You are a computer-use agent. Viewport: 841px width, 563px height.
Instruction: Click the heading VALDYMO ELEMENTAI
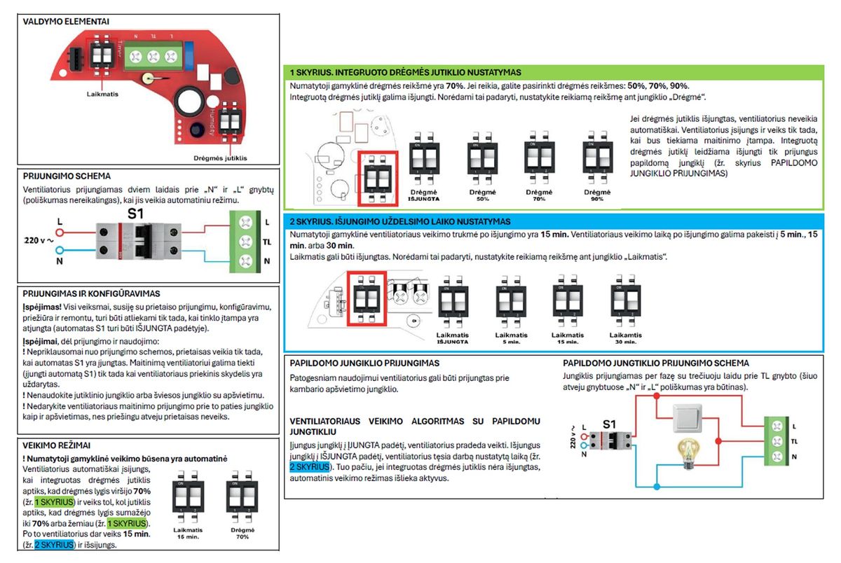[66, 22]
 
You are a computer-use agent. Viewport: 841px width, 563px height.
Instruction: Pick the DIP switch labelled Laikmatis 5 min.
[510, 303]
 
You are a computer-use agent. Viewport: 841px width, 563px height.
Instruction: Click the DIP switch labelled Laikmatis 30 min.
[625, 303]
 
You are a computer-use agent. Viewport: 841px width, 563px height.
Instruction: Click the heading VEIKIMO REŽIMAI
[57, 445]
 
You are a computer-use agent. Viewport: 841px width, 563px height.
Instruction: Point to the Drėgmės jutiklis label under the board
[220, 158]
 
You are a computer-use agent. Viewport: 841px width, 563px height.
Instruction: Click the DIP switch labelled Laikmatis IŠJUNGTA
[452, 303]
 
